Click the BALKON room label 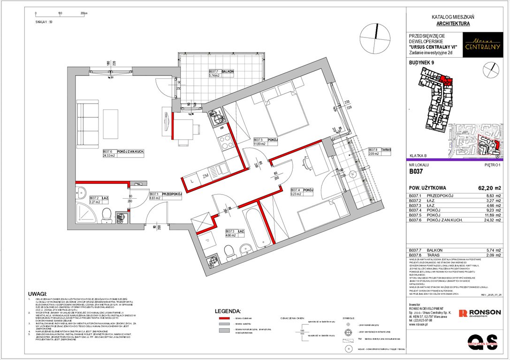228,72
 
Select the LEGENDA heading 227,311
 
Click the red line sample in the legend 226,317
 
